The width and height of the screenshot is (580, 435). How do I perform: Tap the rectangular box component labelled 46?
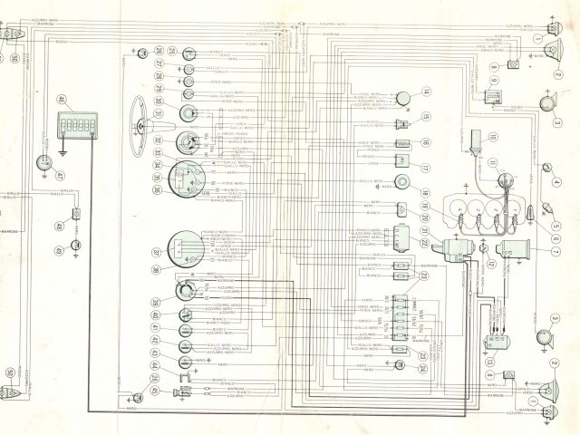(77, 124)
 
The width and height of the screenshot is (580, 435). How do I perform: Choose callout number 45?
(156, 391)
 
